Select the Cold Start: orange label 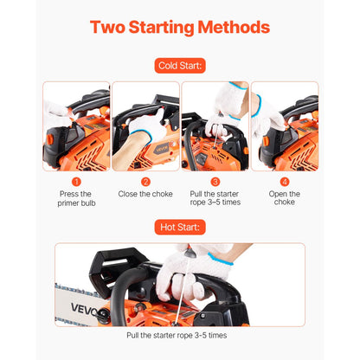pyautogui.click(x=179, y=65)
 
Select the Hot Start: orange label pyautogui.click(x=179, y=227)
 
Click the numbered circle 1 pyautogui.click(x=76, y=182)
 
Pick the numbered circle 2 pyautogui.click(x=145, y=182)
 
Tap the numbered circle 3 pyautogui.click(x=215, y=182)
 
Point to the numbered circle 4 pyautogui.click(x=284, y=182)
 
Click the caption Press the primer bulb pyautogui.click(x=76, y=198)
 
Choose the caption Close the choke pyautogui.click(x=145, y=194)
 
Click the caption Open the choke pyautogui.click(x=284, y=198)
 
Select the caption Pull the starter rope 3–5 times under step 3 pyautogui.click(x=215, y=198)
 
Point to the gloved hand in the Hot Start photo pyautogui.click(x=186, y=273)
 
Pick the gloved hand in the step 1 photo pyautogui.click(x=57, y=110)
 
